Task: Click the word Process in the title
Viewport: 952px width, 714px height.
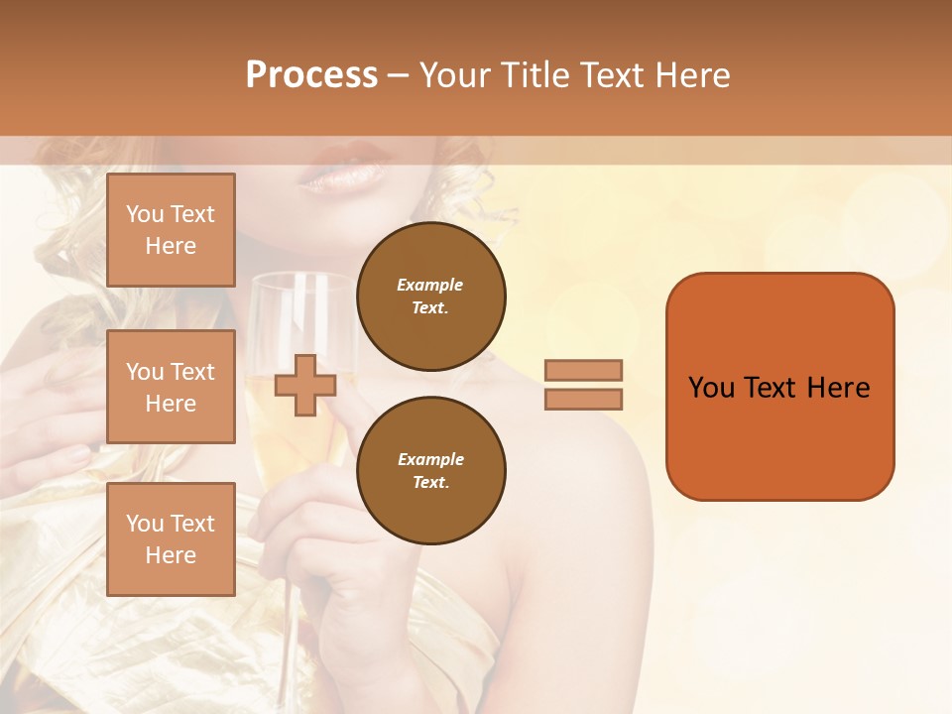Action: (311, 75)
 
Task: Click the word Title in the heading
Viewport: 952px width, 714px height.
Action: (536, 75)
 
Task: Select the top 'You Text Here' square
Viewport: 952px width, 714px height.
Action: (171, 230)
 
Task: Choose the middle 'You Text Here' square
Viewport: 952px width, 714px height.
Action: (171, 387)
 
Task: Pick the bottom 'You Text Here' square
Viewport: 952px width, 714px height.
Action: (171, 539)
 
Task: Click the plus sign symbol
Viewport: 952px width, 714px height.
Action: (305, 385)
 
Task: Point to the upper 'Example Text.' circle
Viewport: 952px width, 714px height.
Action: (431, 297)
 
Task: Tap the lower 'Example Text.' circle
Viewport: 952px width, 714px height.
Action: (431, 471)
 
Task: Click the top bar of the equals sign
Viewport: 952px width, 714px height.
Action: (583, 370)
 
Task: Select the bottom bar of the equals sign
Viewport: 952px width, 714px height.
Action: (583, 400)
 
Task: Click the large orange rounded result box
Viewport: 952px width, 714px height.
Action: (779, 387)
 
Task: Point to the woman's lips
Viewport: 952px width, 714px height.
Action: (341, 173)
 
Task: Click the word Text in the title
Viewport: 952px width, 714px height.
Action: (609, 75)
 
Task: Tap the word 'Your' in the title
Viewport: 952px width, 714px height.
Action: (456, 75)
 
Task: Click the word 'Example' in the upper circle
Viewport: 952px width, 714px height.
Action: (430, 285)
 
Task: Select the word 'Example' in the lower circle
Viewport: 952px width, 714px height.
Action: (430, 459)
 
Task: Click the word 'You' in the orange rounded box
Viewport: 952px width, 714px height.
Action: (712, 388)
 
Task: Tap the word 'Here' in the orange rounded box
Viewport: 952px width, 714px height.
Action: (838, 388)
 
